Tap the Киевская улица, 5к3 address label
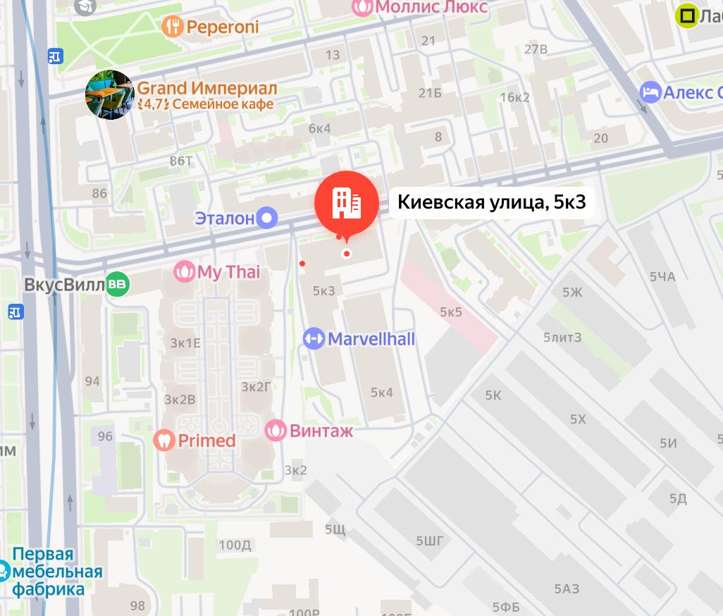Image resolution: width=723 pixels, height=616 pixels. tap(491, 203)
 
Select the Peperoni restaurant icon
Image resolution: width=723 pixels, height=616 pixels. tap(173, 27)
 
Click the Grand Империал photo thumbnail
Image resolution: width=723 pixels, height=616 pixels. tap(110, 94)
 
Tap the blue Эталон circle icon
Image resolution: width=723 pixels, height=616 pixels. tap(266, 218)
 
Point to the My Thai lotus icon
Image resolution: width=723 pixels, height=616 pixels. tap(185, 272)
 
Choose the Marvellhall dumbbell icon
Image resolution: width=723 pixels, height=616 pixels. tap(314, 339)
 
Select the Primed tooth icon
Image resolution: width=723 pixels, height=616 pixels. tap(164, 441)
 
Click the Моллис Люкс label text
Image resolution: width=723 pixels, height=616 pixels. tap(431, 7)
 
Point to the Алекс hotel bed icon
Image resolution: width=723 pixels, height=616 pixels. tap(650, 92)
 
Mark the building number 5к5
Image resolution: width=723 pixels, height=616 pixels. tap(451, 312)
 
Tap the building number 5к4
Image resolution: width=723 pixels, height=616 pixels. tap(382, 393)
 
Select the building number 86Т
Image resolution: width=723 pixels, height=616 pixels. tap(181, 161)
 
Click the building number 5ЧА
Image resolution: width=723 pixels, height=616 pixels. tap(662, 277)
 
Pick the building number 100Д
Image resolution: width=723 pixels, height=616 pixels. tap(235, 545)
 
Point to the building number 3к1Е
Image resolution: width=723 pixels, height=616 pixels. tap(185, 343)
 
